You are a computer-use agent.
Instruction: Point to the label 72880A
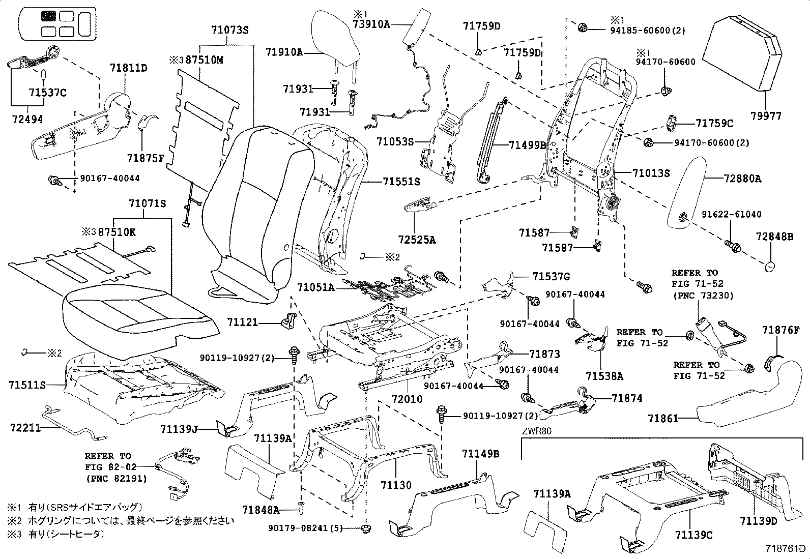(743, 179)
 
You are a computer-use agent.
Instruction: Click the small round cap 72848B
(770, 266)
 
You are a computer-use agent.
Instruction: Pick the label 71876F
(781, 330)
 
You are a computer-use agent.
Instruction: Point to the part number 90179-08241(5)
(304, 528)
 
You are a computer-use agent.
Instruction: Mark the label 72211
(25, 428)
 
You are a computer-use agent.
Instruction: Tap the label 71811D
(129, 68)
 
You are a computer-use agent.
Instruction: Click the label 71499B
(528, 145)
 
